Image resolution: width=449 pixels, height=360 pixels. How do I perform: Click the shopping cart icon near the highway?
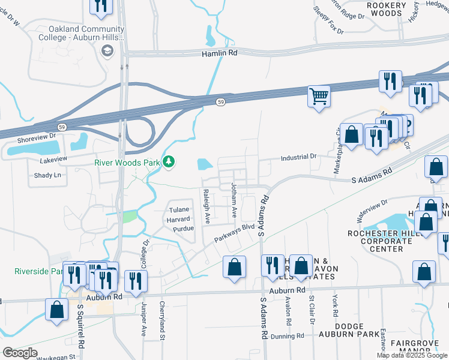click(319, 96)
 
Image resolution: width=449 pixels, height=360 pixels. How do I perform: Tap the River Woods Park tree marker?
click(170, 161)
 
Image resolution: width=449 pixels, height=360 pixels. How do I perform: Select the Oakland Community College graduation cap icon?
click(107, 50)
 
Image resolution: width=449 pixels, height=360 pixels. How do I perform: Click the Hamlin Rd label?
click(219, 53)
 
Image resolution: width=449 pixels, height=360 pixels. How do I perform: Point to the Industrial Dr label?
click(298, 157)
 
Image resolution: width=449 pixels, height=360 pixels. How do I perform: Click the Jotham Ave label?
click(234, 201)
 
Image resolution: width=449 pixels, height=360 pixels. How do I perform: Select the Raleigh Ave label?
click(206, 206)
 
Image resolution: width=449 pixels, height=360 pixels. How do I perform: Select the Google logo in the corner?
click(20, 352)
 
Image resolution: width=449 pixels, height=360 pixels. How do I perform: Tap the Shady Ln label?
click(49, 175)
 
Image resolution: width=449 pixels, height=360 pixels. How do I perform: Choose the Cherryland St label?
click(162, 329)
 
